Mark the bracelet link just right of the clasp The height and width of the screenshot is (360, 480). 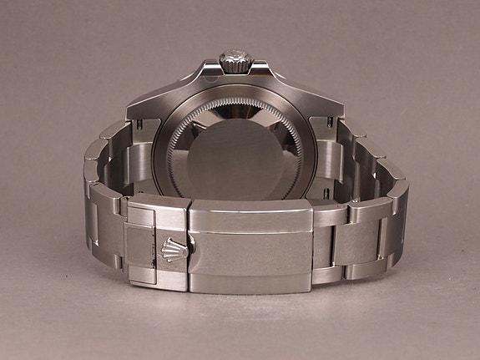tap(333, 242)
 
